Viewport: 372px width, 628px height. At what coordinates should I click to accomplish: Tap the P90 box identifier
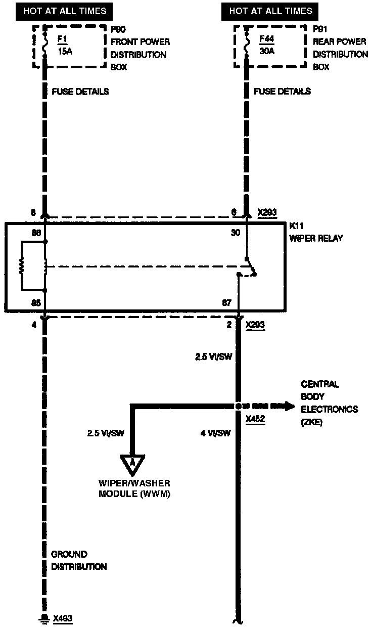point(119,29)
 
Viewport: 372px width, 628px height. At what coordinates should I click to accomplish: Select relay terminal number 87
point(226,303)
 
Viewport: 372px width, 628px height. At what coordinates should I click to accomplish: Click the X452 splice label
point(256,419)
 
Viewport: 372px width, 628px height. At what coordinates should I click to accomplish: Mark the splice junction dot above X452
point(238,406)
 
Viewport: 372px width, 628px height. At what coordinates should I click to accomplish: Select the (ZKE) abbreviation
point(311,422)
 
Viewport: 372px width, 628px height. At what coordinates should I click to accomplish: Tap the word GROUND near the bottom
point(69,554)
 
